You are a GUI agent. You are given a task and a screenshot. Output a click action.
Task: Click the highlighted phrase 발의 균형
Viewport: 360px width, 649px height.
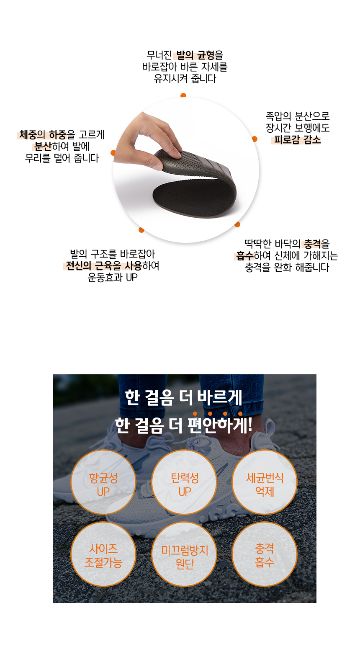click(195, 55)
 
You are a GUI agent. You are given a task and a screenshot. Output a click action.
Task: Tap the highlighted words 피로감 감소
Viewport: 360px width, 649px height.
click(297, 140)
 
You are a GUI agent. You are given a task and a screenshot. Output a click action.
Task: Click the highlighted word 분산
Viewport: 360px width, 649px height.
click(43, 147)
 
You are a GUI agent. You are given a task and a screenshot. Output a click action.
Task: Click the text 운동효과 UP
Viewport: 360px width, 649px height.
click(113, 278)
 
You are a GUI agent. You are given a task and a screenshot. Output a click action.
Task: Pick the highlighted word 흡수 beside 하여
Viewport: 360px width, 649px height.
click(245, 255)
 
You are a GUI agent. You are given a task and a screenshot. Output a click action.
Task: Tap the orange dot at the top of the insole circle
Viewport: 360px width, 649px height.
click(183, 95)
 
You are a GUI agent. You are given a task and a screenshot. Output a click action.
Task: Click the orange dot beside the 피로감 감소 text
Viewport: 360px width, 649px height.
click(255, 139)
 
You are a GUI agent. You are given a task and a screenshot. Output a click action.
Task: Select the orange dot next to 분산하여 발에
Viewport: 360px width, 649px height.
click(113, 153)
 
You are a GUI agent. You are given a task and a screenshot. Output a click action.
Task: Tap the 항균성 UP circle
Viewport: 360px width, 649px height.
click(103, 482)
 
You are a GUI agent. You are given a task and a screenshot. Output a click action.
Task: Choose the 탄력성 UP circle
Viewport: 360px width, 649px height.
click(184, 482)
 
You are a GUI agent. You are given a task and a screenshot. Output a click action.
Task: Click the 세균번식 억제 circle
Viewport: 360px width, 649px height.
click(265, 482)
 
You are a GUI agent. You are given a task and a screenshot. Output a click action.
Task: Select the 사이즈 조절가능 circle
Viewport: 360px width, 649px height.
click(103, 554)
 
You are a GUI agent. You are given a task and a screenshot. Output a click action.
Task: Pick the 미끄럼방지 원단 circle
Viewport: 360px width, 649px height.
click(184, 554)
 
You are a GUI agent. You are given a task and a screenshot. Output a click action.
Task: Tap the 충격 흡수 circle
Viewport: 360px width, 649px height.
click(265, 554)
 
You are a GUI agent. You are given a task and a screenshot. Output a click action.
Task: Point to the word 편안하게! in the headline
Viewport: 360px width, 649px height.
click(220, 425)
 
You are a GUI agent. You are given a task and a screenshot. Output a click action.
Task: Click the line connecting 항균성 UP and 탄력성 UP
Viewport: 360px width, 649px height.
click(144, 482)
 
